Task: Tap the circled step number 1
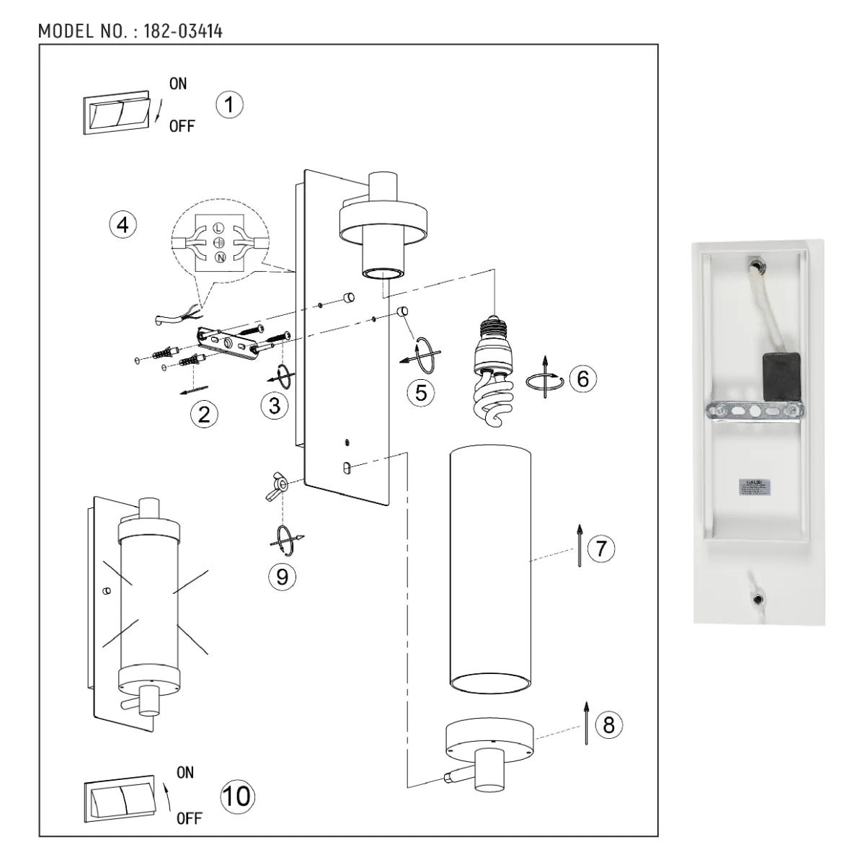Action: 229,105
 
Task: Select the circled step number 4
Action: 123,224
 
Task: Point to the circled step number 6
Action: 582,378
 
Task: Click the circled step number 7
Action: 601,549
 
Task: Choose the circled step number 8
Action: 608,724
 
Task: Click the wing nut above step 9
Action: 278,487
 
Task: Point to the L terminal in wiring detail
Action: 219,229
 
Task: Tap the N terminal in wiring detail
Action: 219,257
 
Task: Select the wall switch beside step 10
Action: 119,801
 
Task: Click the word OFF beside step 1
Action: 182,127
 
